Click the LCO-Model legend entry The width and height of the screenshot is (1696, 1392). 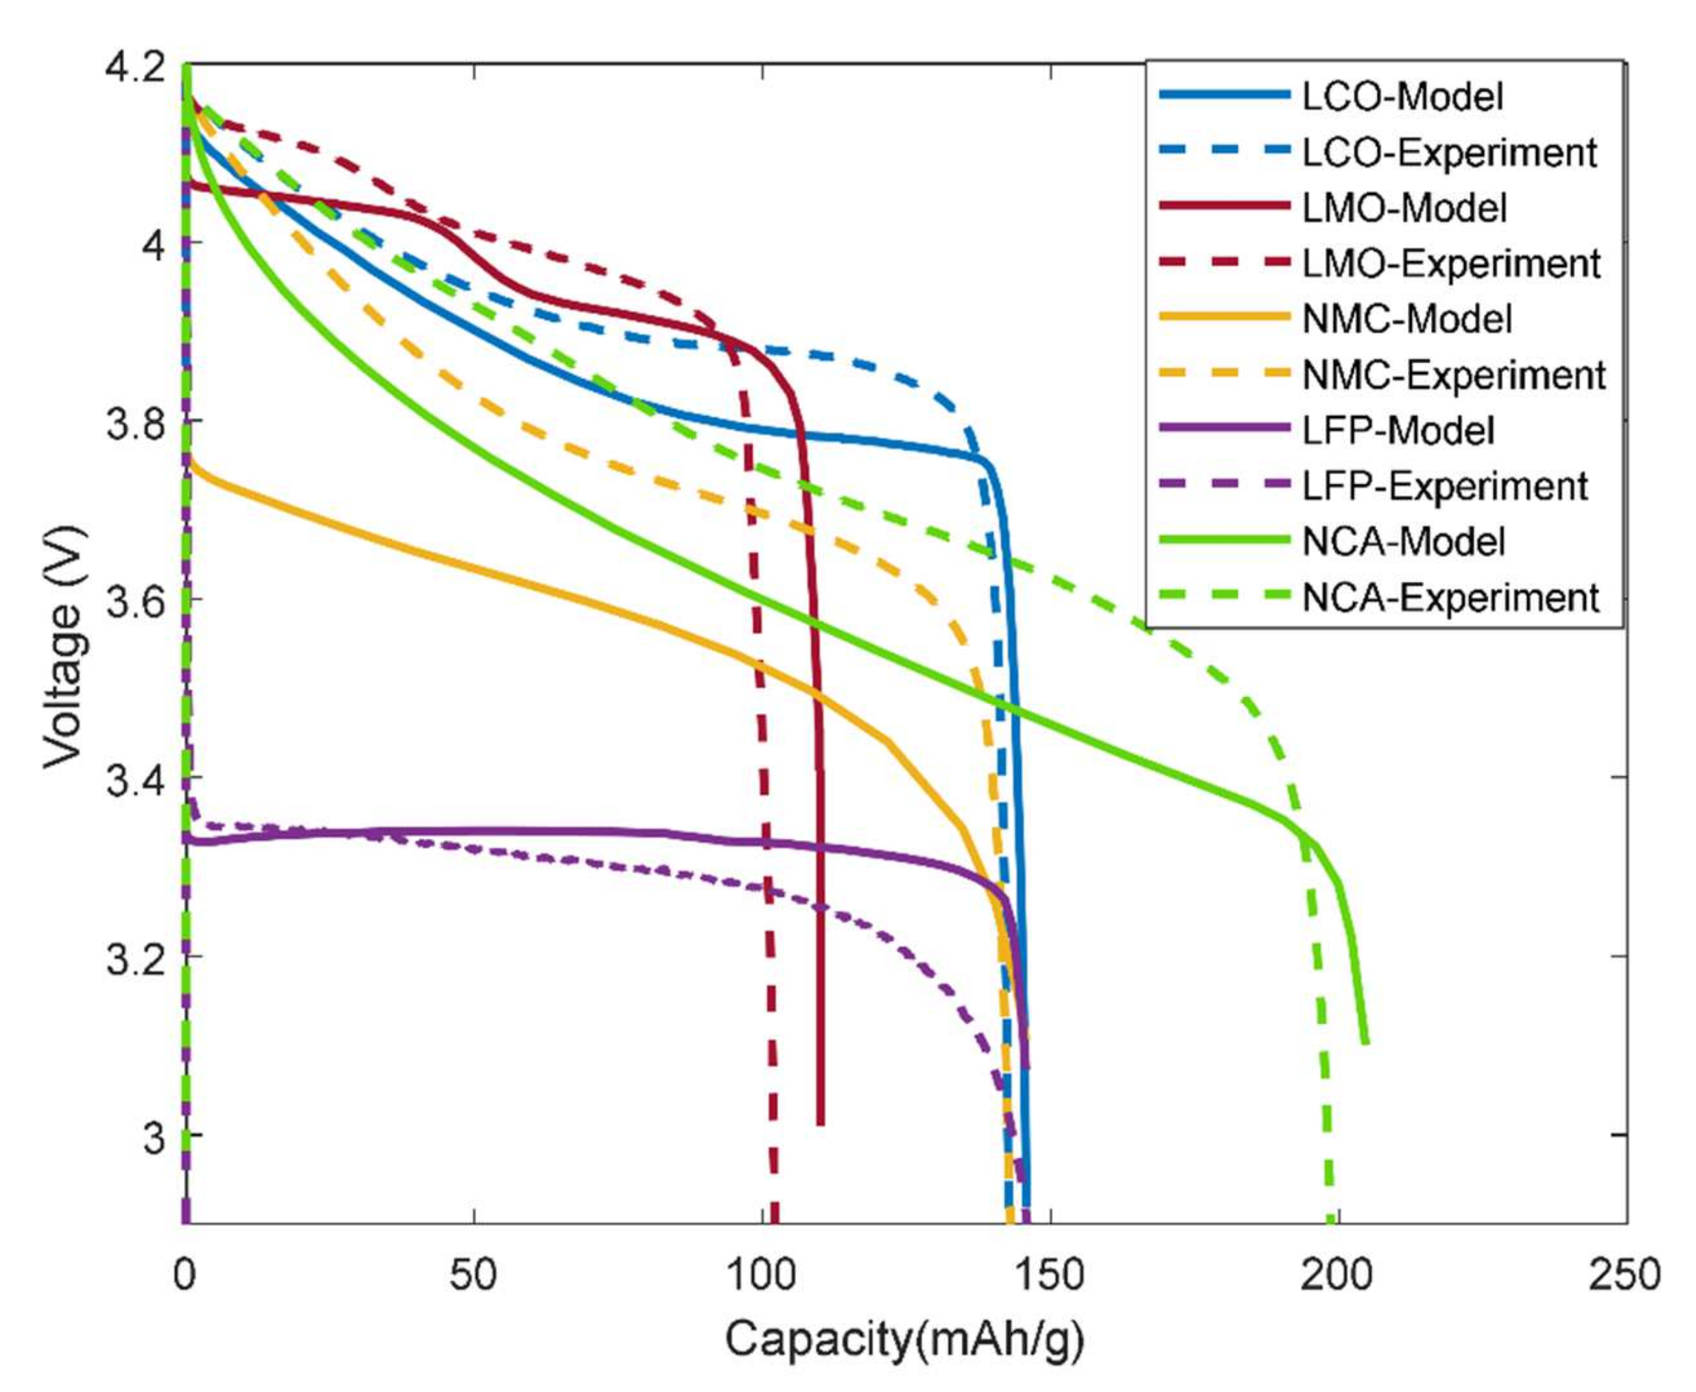tap(1402, 97)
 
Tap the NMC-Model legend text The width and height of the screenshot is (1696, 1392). tap(1406, 320)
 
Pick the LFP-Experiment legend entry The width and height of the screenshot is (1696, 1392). tap(1444, 487)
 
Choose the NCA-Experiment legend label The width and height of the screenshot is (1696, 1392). tap(1451, 598)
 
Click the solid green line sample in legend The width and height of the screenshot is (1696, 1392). tap(1225, 542)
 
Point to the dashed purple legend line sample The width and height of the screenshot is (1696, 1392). tap(1225, 487)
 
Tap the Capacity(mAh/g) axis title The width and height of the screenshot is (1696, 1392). tap(904, 1339)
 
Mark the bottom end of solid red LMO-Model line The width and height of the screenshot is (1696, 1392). tap(821, 1124)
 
